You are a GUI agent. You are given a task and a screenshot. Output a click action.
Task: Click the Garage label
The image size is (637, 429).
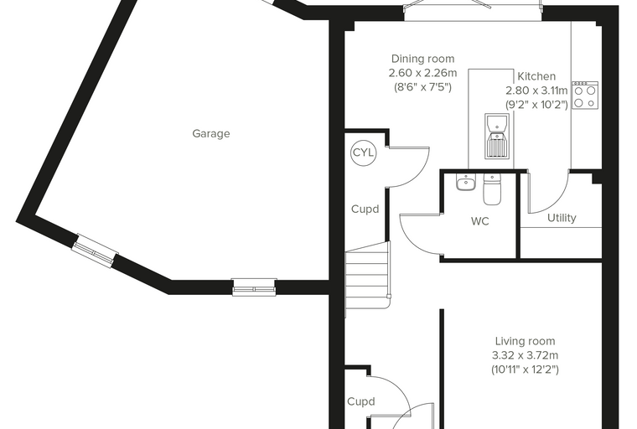click(x=211, y=134)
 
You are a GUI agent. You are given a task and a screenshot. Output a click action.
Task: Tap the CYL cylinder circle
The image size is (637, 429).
click(x=364, y=152)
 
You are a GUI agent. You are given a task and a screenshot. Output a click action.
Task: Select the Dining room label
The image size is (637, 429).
click(x=423, y=59)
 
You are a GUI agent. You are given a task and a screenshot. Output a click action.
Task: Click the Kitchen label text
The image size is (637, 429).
click(x=536, y=76)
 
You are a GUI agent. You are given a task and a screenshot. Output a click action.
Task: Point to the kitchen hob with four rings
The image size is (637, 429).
click(x=585, y=95)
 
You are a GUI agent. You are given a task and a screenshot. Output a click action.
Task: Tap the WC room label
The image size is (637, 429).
click(x=479, y=221)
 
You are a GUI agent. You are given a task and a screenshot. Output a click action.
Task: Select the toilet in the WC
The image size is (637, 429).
click(x=492, y=189)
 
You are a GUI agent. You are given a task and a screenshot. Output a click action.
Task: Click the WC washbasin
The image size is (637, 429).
click(x=465, y=183)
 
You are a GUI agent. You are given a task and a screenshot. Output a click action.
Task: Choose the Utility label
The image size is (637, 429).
click(x=562, y=218)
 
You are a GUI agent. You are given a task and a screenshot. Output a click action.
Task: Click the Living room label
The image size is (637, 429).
click(x=525, y=341)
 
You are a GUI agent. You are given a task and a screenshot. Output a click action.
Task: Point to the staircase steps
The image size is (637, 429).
click(x=367, y=276)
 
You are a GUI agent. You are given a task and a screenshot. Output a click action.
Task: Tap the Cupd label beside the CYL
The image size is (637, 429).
click(x=365, y=209)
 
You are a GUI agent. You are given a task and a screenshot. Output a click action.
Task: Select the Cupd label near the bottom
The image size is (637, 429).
click(x=360, y=402)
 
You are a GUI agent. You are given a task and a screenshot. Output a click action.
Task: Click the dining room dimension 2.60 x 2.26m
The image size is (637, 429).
click(x=423, y=73)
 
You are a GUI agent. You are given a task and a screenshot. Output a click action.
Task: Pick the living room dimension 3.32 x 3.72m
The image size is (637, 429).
click(x=525, y=355)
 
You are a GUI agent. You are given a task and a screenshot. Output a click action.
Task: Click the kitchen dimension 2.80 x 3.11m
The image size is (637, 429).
click(x=536, y=90)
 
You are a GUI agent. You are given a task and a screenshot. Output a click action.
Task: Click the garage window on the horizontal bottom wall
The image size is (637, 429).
click(x=254, y=287)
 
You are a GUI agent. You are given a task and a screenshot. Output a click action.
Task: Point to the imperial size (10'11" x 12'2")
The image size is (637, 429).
click(x=525, y=370)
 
